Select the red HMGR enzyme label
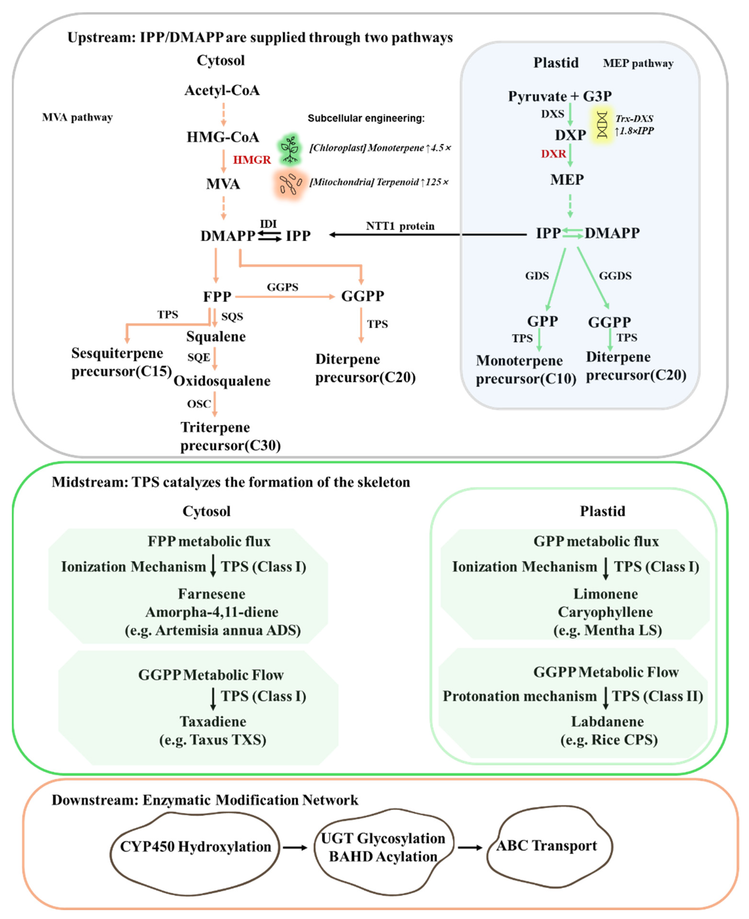tap(252, 160)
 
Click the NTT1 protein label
tap(400, 226)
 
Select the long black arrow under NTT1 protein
tap(427, 235)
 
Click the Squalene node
tap(216, 337)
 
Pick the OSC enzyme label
tap(199, 404)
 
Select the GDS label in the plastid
tap(537, 276)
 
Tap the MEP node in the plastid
tap(567, 179)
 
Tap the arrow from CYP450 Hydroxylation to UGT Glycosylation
tap(295, 847)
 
